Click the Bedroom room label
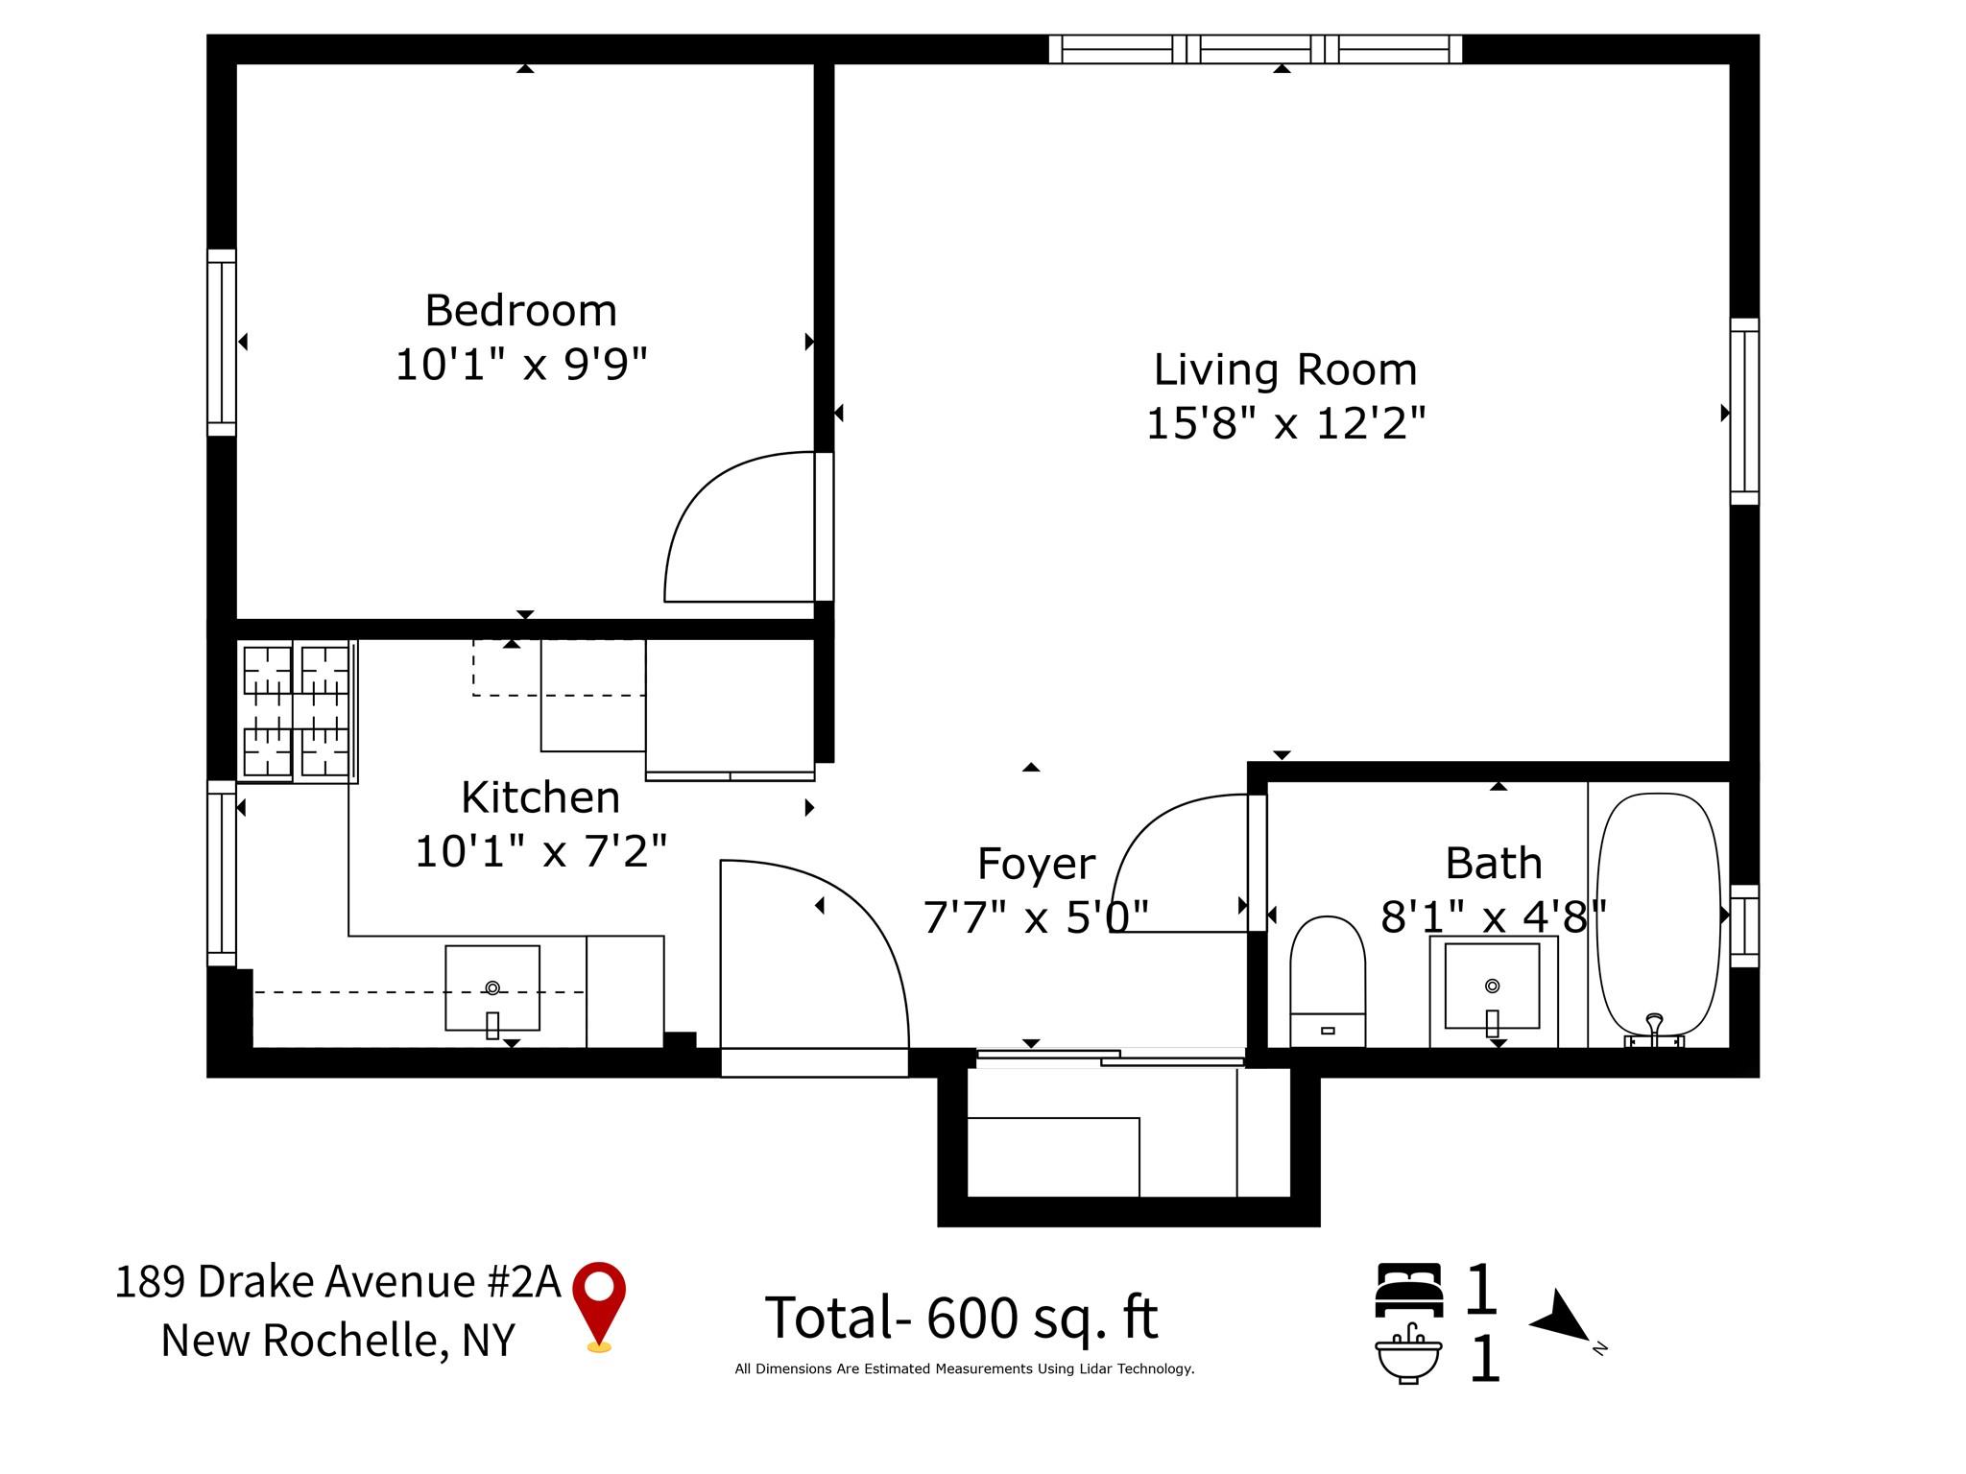[x=520, y=311]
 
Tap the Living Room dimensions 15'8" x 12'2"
[x=1285, y=423]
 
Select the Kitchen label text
[x=539, y=797]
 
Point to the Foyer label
[x=1036, y=864]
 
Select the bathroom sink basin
[x=1492, y=988]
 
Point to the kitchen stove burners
[x=296, y=710]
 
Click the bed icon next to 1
[x=1408, y=1290]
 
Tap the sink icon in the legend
[x=1408, y=1354]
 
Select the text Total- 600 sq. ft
[x=961, y=1318]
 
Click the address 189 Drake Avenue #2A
[x=337, y=1281]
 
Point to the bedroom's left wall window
[x=222, y=343]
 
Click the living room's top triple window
[x=1255, y=49]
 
